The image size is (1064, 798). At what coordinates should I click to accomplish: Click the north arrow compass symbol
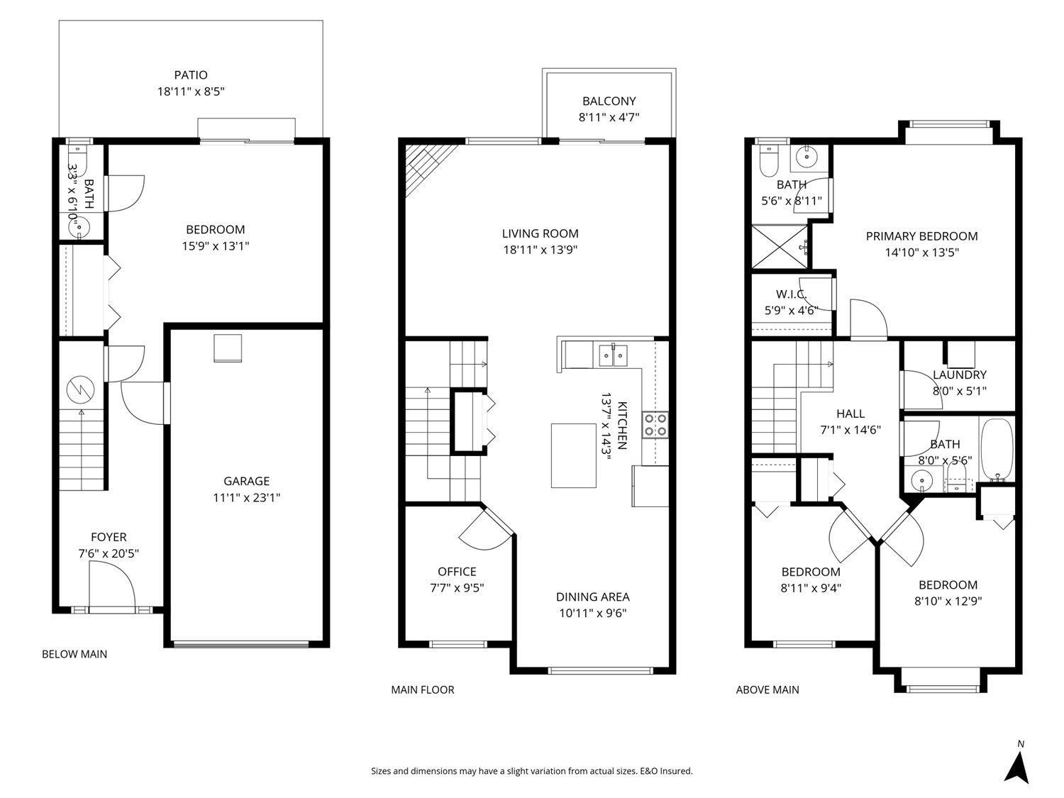tap(1019, 767)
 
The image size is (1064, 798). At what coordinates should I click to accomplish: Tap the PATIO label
tap(191, 75)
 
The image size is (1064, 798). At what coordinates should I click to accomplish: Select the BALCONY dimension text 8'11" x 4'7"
tap(609, 118)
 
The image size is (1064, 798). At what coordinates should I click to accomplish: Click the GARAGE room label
tap(246, 482)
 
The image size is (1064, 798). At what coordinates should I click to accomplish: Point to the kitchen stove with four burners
tap(655, 424)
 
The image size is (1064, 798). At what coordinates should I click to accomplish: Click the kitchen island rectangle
tap(574, 455)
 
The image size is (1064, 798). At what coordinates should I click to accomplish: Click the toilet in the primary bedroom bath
tap(767, 162)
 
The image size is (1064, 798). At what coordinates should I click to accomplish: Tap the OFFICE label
tap(457, 572)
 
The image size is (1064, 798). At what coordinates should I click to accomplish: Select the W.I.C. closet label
tap(791, 294)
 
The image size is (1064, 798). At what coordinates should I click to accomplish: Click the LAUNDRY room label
tap(959, 375)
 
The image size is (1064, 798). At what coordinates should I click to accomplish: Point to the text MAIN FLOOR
tap(423, 689)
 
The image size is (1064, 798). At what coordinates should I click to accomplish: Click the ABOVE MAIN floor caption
tap(767, 689)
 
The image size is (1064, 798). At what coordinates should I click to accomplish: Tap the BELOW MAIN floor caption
tap(74, 654)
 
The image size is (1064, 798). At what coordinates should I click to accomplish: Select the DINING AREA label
tap(592, 597)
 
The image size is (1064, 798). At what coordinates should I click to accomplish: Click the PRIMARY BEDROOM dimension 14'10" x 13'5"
tap(921, 252)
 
